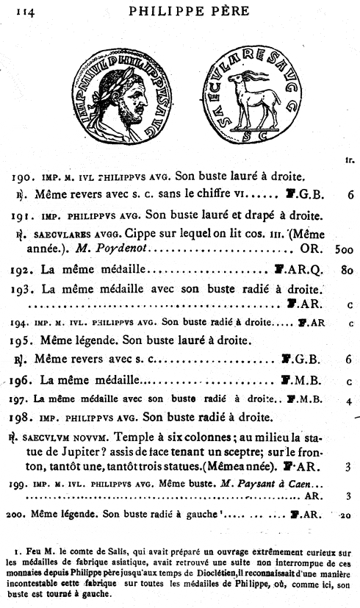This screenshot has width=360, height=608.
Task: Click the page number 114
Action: (x=21, y=10)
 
